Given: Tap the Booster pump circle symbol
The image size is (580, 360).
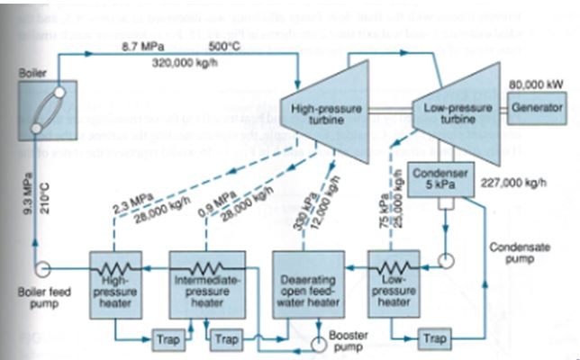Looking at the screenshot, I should tap(317, 343).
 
